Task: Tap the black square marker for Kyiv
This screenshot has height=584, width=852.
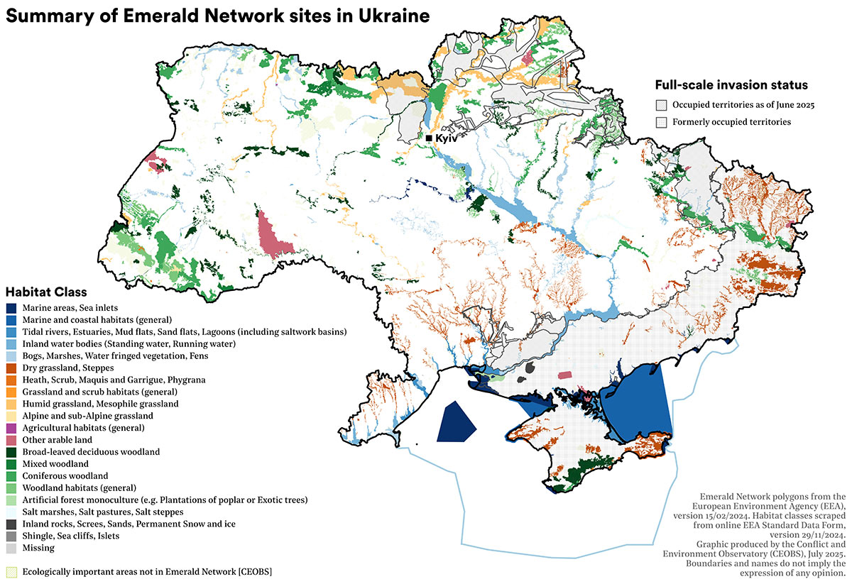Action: pyautogui.click(x=429, y=138)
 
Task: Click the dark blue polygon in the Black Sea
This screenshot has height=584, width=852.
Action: pyautogui.click(x=454, y=422)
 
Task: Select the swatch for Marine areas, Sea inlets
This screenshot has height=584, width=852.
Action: pyautogui.click(x=11, y=309)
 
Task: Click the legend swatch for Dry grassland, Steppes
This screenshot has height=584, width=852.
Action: pyautogui.click(x=11, y=368)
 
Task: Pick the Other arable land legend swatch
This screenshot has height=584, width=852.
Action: pyautogui.click(x=11, y=440)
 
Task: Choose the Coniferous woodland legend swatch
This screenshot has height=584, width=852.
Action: pyautogui.click(x=11, y=475)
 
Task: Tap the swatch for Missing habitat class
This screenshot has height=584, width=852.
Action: pyautogui.click(x=11, y=548)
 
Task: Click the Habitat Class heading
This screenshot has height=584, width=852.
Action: pyautogui.click(x=46, y=292)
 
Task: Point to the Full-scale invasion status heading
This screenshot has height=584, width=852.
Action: pyautogui.click(x=731, y=85)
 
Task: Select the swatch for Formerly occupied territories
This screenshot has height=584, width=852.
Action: pyautogui.click(x=662, y=122)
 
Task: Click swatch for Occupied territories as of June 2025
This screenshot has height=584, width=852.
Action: pyautogui.click(x=662, y=105)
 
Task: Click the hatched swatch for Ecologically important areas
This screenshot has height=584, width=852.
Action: pyautogui.click(x=11, y=571)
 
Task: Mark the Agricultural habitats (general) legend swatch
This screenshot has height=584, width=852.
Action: pyautogui.click(x=11, y=428)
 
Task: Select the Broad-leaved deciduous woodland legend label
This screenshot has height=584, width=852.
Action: pyautogui.click(x=91, y=452)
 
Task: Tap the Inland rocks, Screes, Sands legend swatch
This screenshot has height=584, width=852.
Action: pyautogui.click(x=11, y=524)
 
